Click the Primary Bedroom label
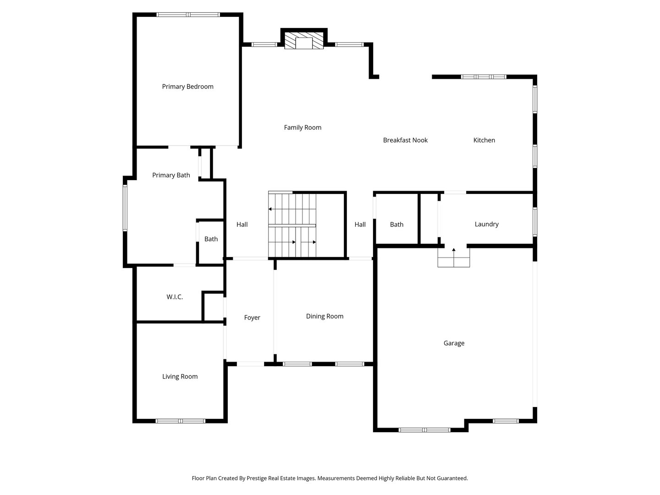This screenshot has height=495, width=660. pos(187,87)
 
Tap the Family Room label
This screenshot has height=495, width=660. pos(302,127)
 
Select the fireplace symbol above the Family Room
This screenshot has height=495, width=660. pos(304,41)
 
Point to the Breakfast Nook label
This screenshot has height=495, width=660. pos(405,140)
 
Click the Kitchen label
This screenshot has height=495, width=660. pos(484,140)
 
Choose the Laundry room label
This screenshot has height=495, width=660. pos(486,224)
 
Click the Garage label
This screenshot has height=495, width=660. pos(454,343)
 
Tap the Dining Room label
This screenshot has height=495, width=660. pos(324,316)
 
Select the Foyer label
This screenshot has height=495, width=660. pos(252,318)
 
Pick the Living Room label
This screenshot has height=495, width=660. pos(180,376)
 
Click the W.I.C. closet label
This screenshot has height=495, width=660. pos(175,297)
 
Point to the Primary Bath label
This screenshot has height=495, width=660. pos(171,175)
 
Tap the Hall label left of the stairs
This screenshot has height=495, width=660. pos(242,224)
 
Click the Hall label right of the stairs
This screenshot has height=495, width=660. pos(360,224)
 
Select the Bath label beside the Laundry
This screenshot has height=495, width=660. pos(396,224)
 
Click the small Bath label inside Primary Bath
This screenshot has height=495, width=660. pos(211,239)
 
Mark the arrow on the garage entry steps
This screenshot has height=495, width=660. pos(454,250)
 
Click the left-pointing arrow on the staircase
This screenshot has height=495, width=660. pos(270,209)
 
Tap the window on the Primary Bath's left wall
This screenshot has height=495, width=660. pos(125,207)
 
